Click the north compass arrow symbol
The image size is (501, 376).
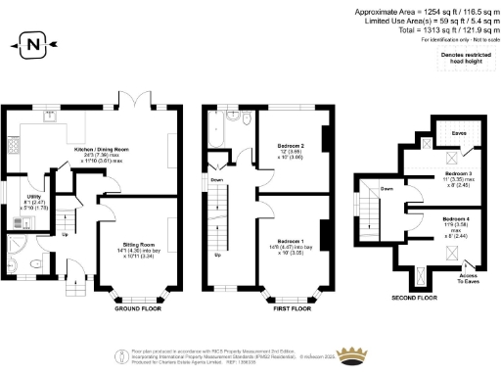(x=33, y=44)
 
